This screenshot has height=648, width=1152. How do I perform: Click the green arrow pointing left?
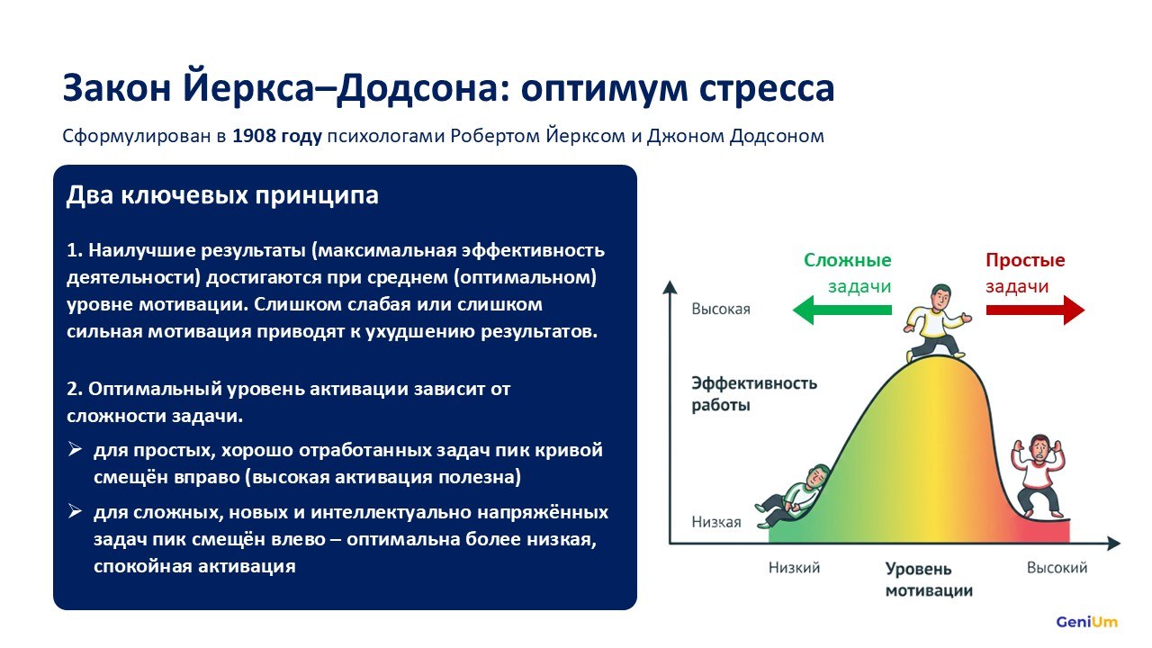[842, 310]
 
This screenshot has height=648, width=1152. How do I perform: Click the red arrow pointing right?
[1035, 310]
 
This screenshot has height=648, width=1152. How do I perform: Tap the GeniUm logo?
[1086, 622]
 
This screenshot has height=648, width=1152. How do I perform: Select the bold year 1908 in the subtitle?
[252, 136]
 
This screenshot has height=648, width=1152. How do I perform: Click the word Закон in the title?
[116, 88]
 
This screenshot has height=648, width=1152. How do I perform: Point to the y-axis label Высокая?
[721, 309]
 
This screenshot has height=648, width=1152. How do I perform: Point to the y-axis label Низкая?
[716, 522]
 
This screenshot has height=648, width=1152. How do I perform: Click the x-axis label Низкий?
[794, 567]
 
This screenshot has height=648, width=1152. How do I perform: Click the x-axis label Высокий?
[1057, 567]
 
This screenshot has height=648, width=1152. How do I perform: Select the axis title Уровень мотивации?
[929, 580]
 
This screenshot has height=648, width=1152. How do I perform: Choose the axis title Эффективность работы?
[754, 394]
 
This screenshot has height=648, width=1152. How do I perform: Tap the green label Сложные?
[848, 260]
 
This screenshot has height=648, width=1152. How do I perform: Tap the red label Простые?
[1025, 260]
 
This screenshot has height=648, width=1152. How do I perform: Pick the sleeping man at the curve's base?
[792, 496]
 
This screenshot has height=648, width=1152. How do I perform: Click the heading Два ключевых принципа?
[222, 195]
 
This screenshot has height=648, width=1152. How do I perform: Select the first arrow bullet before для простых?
[75, 450]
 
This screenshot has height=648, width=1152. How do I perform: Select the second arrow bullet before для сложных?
[75, 512]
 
